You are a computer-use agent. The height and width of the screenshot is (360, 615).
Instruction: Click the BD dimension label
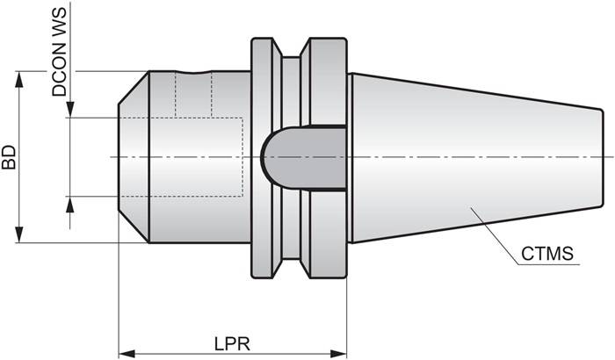[x=9, y=157]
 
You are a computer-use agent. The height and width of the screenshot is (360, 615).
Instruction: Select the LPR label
[x=233, y=338]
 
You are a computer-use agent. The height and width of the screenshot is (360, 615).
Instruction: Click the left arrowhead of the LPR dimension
[x=125, y=353]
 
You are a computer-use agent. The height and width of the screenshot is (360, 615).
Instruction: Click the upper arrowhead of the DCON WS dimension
[x=71, y=110]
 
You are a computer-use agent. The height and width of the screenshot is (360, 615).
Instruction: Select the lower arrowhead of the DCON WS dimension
[x=71, y=204]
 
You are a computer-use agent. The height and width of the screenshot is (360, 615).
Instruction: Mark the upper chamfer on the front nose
[x=133, y=87]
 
